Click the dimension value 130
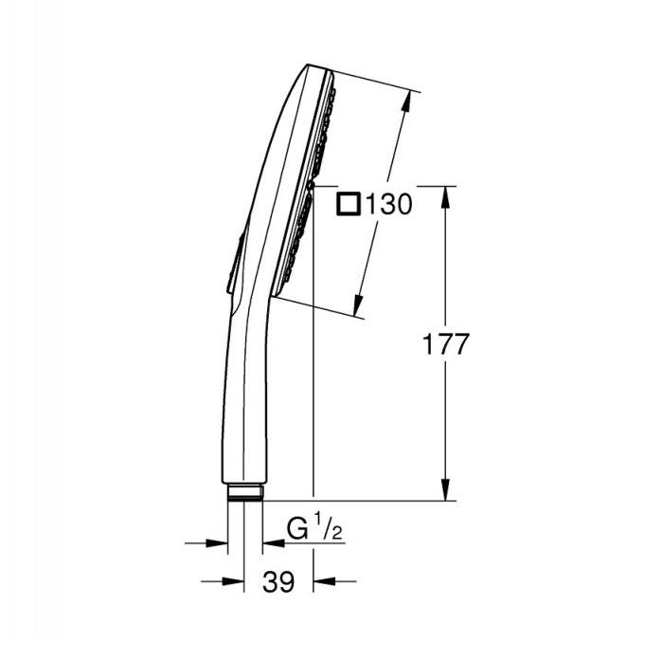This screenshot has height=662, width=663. coord(387,204)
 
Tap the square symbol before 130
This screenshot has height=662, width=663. coord(349,204)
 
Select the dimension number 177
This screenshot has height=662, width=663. coord(445,344)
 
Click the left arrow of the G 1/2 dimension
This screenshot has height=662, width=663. coord(219,543)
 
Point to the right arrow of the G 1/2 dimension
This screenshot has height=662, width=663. coord(272,543)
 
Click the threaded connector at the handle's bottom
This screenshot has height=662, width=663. coord(245,492)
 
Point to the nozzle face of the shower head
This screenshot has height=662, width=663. coord(308,190)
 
